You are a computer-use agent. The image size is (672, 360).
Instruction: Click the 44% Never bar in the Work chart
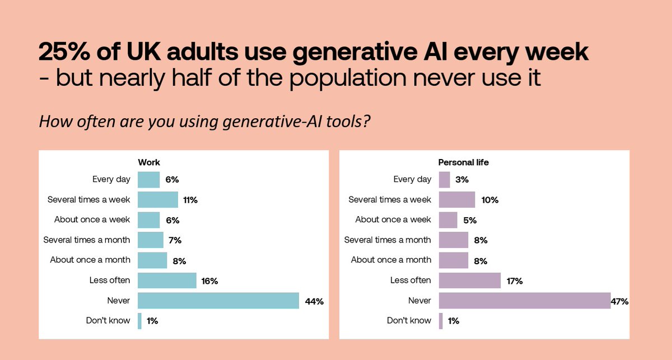pos(218,301)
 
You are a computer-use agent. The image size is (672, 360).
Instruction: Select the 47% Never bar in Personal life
pos(524,301)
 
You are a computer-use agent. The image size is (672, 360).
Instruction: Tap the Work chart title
pos(149,162)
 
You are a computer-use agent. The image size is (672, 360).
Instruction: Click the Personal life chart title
pos(463,162)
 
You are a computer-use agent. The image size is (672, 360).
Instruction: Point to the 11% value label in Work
pos(190,200)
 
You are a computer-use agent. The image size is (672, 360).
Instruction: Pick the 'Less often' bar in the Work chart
pos(167,280)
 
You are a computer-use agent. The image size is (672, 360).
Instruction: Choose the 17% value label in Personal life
pos(514,280)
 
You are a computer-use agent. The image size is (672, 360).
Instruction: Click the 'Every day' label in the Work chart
pos(111,180)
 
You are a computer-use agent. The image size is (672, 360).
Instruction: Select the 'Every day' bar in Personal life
pos(444,180)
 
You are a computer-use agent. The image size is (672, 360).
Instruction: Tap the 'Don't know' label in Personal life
pos(409,321)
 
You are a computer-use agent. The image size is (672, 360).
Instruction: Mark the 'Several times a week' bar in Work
pos(157,200)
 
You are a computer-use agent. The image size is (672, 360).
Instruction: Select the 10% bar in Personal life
pos(457,200)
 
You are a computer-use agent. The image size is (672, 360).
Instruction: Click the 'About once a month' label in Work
pos(90,260)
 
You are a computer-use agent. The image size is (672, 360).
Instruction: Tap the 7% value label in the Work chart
pos(175,240)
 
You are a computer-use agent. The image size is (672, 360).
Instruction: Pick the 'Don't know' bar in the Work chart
pos(139,321)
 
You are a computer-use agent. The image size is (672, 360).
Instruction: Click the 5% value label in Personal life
pos(469,220)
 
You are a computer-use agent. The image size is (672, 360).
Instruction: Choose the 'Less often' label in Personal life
pos(410,280)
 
